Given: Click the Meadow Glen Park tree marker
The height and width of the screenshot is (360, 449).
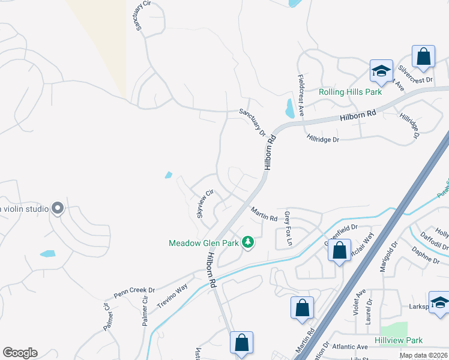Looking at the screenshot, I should point(247,242).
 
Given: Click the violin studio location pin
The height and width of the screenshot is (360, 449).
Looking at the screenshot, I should point(58,208).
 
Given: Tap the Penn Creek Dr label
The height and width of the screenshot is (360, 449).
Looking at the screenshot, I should point(134,292).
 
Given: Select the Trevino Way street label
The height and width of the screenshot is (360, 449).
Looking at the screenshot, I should point(173,296).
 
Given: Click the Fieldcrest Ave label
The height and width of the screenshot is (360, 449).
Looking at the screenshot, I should point(301,96).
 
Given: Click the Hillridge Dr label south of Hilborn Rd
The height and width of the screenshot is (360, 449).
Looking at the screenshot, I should point(323,139).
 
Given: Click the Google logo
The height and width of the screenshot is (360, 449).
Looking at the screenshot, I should point(20,353).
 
